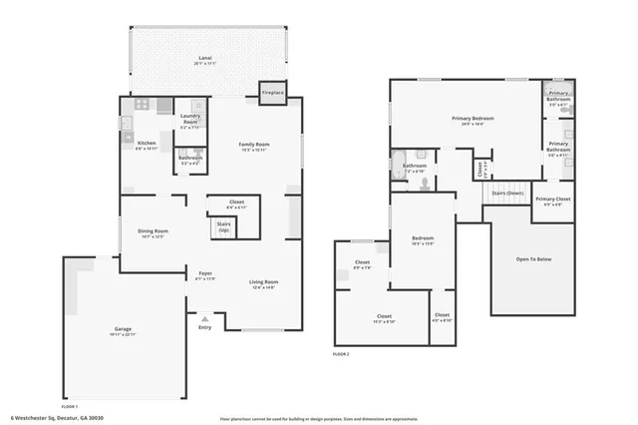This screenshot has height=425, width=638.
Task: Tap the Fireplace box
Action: tap(272, 92)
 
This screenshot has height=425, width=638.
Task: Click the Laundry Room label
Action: tap(190, 123)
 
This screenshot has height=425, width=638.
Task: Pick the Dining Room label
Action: tap(153, 233)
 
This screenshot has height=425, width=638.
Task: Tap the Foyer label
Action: tap(204, 275)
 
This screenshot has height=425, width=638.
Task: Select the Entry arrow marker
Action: tap(204, 318)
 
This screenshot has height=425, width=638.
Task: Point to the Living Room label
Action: tap(264, 284)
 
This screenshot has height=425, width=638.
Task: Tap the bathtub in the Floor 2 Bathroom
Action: tap(399, 166)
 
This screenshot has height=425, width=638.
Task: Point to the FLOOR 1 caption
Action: tap(69, 407)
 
